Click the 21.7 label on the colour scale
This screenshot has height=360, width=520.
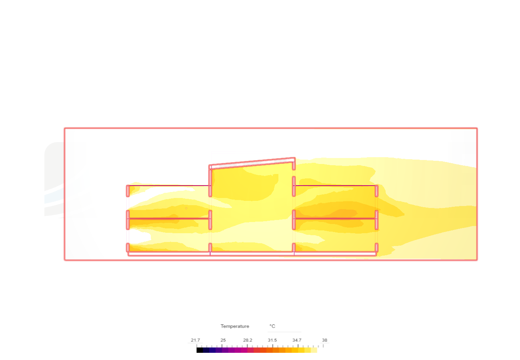(195, 340)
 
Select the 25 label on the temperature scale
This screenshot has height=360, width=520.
(223, 340)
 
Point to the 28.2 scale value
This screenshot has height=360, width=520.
(248, 340)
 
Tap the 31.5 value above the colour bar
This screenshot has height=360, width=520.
(272, 340)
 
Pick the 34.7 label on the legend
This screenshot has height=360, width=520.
(297, 340)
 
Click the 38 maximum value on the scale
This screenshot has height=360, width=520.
(324, 340)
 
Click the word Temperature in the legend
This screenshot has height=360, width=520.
(235, 326)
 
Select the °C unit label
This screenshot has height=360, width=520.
(272, 326)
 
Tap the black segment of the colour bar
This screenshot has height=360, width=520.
(200, 350)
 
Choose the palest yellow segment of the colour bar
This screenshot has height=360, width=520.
(314, 350)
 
